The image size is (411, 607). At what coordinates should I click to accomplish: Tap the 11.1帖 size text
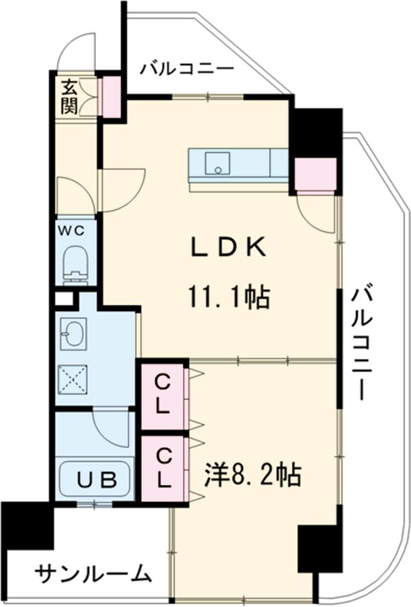229,297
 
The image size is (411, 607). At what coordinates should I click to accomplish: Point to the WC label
75,231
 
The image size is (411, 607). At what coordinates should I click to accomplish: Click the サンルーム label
92,573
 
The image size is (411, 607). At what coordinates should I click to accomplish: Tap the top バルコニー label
187,69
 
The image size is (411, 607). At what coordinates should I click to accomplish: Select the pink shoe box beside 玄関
109,95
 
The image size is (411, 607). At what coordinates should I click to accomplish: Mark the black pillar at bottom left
26,528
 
